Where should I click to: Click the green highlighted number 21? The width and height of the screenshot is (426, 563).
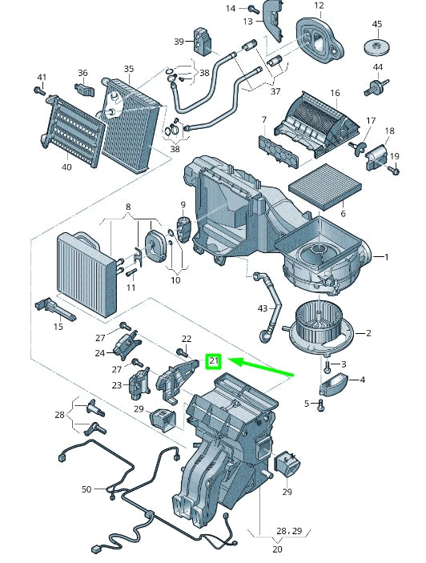[x=213, y=361]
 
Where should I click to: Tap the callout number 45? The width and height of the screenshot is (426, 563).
[x=377, y=24]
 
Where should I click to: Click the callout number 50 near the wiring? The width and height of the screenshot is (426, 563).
[x=86, y=489]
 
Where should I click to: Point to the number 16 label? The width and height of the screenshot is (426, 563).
[x=335, y=93]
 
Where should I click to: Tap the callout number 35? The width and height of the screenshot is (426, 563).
[x=128, y=70]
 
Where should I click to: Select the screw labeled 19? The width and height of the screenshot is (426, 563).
[x=394, y=171]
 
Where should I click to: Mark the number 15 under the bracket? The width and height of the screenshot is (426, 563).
[x=58, y=326]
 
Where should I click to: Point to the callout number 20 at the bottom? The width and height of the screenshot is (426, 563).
[x=278, y=549]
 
